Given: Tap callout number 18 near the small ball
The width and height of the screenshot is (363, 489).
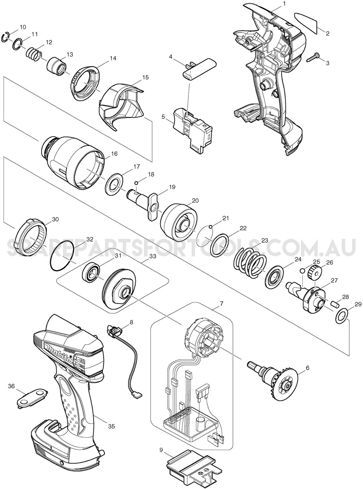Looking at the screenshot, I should (x=151, y=174).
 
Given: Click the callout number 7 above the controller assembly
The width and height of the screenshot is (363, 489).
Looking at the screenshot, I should (x=221, y=304).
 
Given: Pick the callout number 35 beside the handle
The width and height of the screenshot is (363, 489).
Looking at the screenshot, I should (x=111, y=426).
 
